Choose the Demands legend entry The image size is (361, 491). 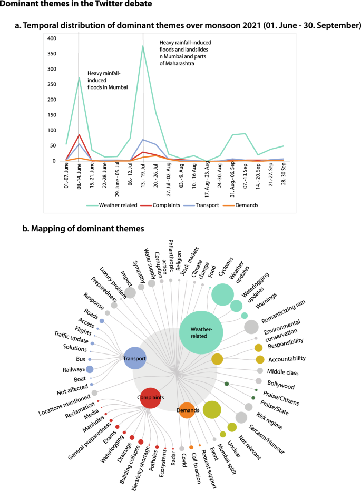click(x=246, y=205)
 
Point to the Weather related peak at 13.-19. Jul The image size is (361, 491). click(x=143, y=46)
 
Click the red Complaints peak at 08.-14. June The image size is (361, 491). click(x=79, y=135)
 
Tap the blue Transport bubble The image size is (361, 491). click(x=134, y=358)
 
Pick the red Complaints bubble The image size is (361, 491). click(x=150, y=397)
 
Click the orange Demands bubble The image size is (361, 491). click(x=188, y=410)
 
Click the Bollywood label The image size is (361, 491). click(x=280, y=386)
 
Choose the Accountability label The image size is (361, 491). click(x=287, y=358)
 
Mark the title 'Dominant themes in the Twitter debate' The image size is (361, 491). click(x=77, y=5)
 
